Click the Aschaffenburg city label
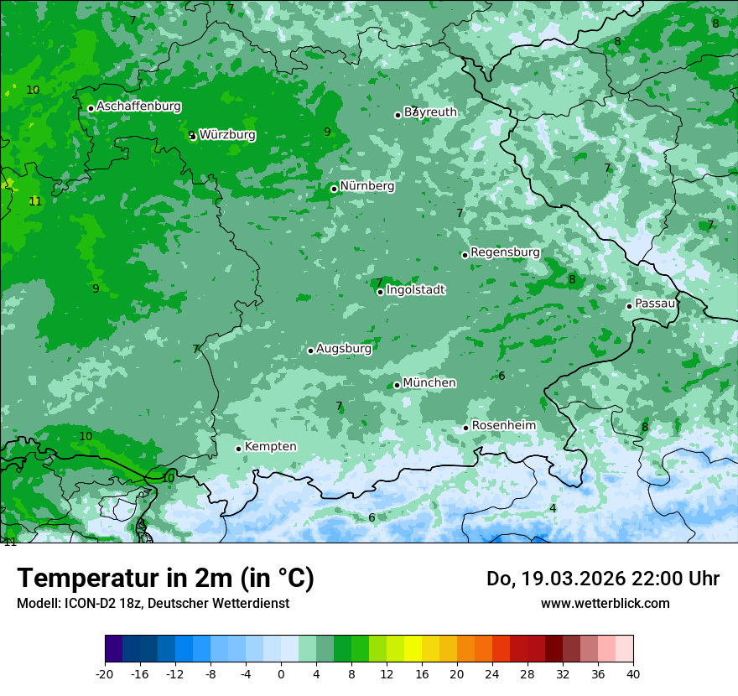point(138,106)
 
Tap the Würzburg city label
point(227,134)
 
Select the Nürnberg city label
point(366,186)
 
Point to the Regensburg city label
point(505,252)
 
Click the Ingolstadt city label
point(415,290)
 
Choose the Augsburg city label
point(343,349)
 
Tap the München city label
point(429,383)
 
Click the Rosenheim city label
point(503,426)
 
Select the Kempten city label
point(270,447)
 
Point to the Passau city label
point(655,304)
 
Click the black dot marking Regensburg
point(465,255)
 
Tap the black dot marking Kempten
point(238,449)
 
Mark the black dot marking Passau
point(629,306)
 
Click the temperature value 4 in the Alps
point(553,508)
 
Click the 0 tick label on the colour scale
point(281,674)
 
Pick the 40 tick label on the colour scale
point(632,674)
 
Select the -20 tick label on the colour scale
point(105,674)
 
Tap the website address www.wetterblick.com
point(605,603)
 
